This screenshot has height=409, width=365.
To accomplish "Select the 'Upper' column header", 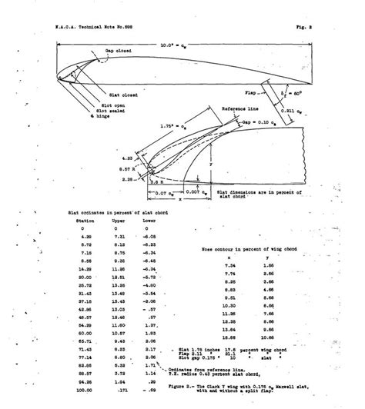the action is tap(119, 219).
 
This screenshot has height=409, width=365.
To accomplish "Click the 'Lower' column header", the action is tap(150, 219).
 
